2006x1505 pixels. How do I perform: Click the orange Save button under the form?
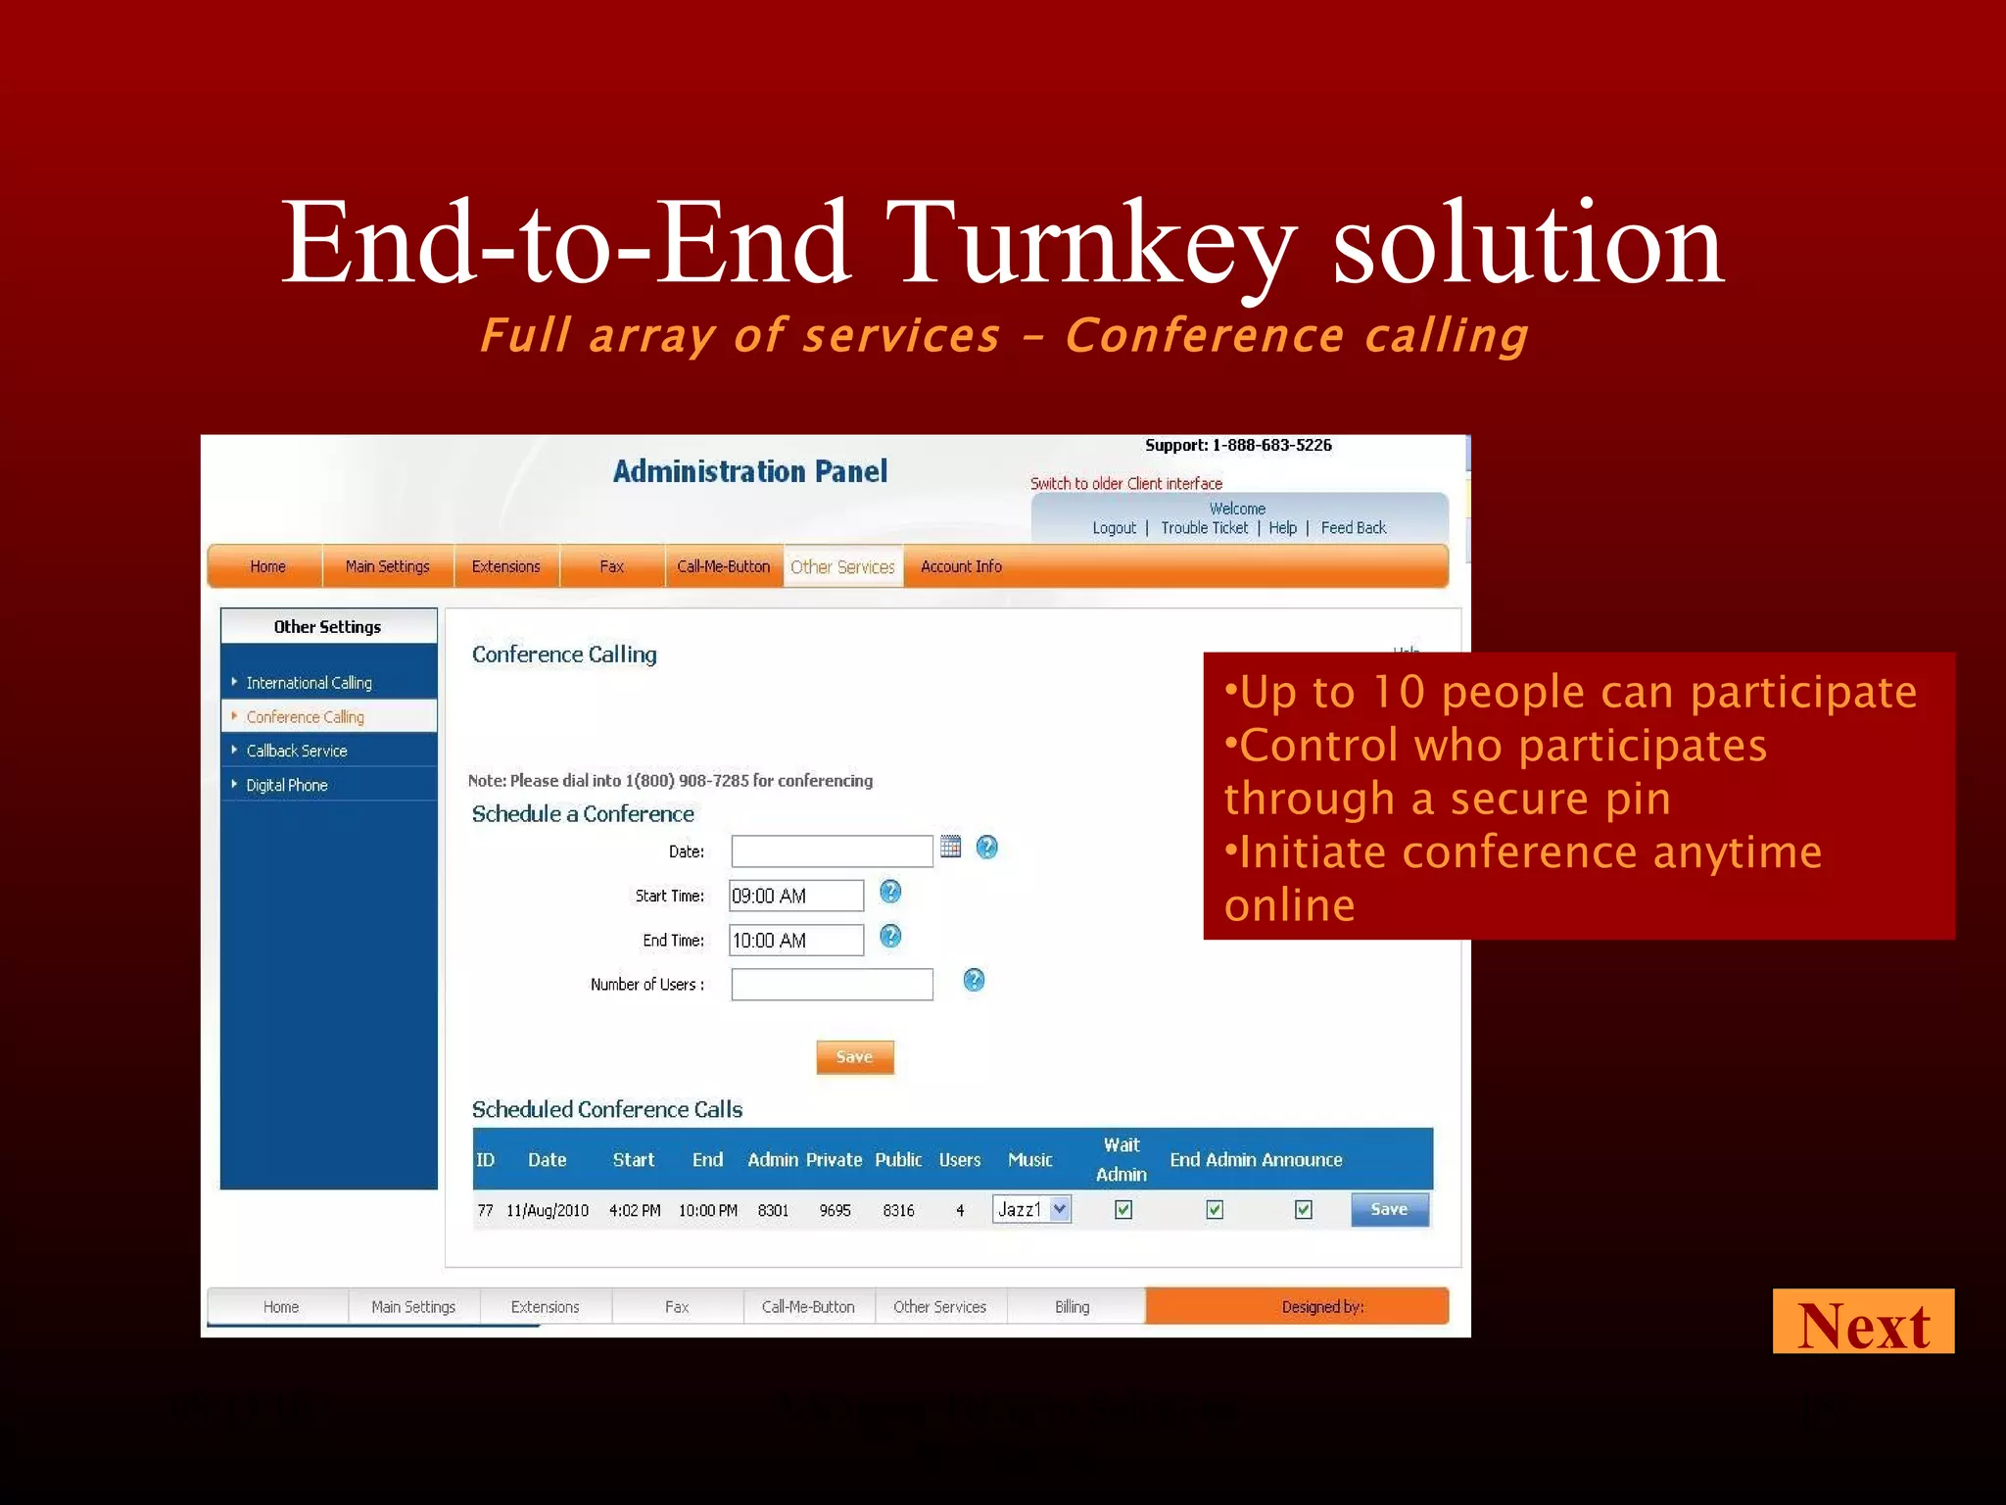pos(854,1057)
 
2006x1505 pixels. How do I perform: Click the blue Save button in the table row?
pos(1388,1209)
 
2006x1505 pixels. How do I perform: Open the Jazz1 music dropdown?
pos(1059,1209)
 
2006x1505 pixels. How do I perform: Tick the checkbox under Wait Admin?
pos(1123,1210)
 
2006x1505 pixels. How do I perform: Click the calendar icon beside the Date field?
pos(950,847)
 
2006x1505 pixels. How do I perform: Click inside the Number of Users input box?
pos(832,984)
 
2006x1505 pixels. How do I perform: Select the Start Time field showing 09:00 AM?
pos(795,896)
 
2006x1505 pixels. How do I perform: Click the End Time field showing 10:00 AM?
pos(795,941)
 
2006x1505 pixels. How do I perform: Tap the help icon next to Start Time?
pos(889,892)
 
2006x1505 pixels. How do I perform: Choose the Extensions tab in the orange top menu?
pos(505,566)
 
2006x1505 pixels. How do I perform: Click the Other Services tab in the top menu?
pos(842,567)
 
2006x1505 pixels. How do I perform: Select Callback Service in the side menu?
pos(297,751)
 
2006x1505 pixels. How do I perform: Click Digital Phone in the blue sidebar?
pos(287,785)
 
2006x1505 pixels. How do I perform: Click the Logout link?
pos(1114,528)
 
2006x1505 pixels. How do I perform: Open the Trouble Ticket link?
pos(1204,528)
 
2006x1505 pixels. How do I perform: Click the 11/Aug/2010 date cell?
pos(548,1211)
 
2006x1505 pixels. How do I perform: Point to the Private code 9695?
pos(835,1211)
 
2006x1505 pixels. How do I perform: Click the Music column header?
pos(1029,1160)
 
